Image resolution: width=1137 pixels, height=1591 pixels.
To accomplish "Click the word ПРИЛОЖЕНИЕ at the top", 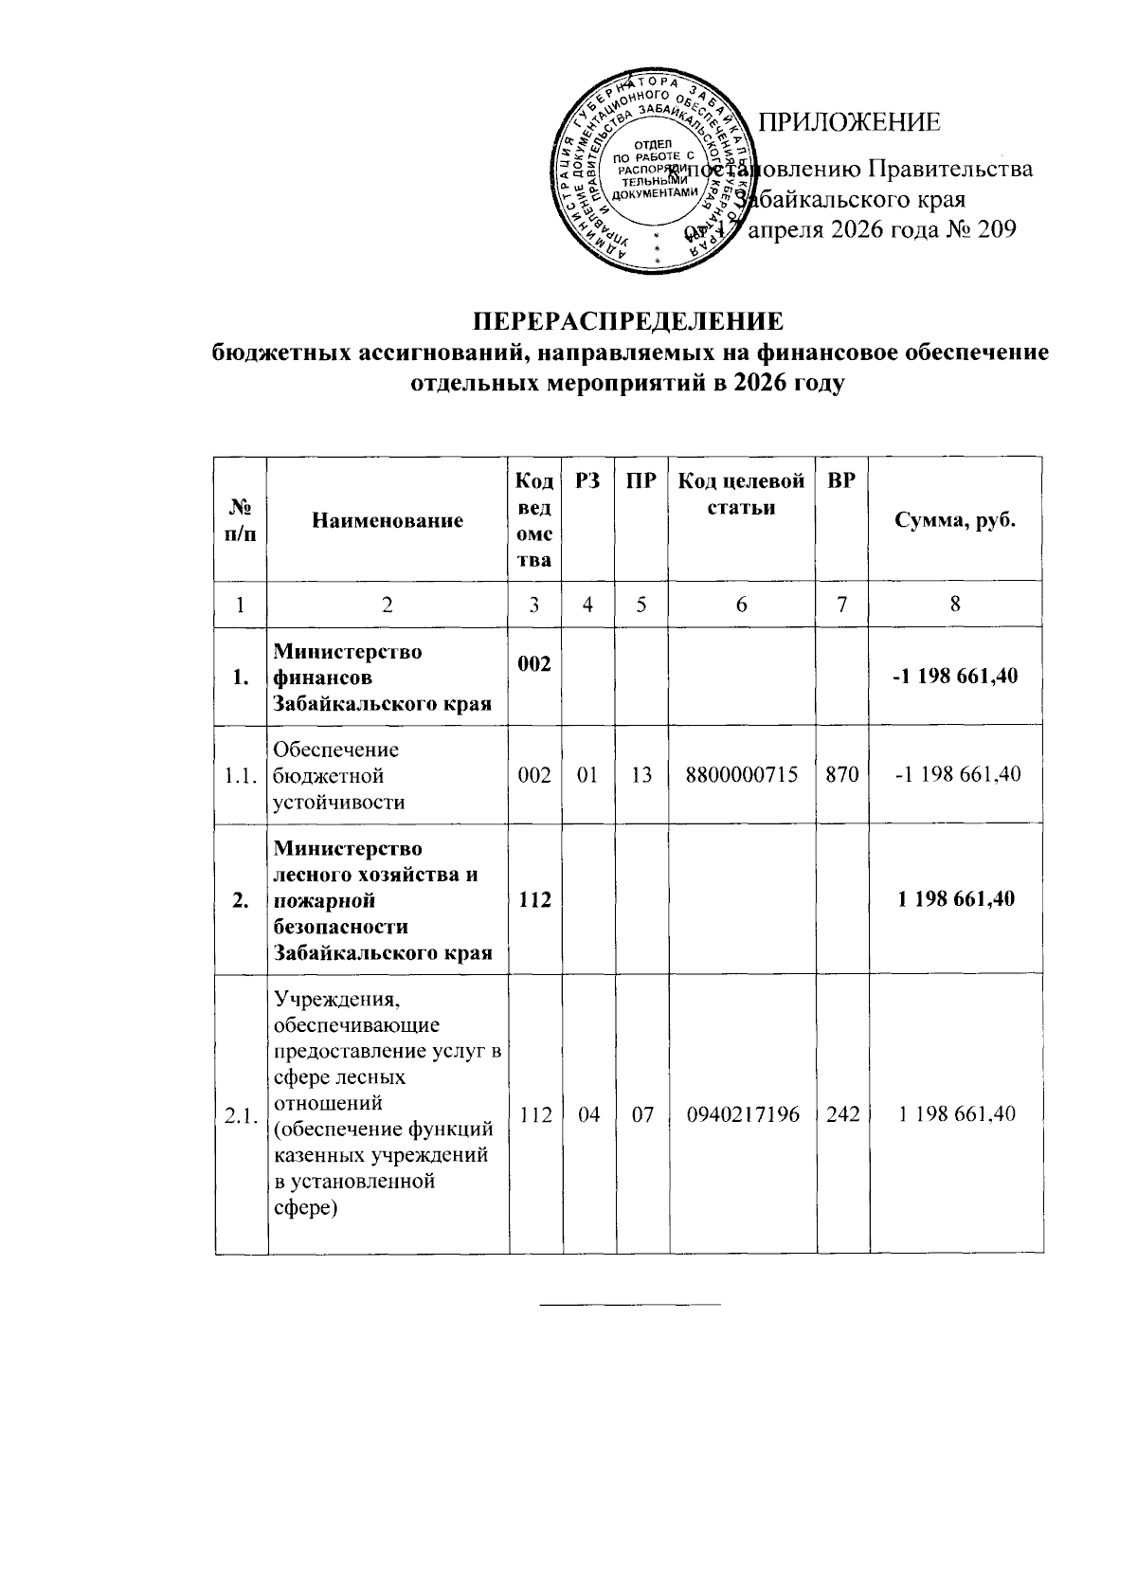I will pos(852,122).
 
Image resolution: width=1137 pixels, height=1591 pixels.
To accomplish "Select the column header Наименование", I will pos(388,520).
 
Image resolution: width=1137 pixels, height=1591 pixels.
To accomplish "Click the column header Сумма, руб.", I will pos(955,520).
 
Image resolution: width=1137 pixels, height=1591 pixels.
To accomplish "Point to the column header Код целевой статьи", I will pos(741,494).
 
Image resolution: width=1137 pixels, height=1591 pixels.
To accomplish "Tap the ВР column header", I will pos(841,480).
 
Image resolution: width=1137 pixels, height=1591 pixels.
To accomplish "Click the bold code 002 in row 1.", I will pos(533,665).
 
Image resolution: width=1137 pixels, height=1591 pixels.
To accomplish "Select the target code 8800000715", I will pos(741,774).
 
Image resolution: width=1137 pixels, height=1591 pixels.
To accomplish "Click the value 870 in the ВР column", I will pos(841,774).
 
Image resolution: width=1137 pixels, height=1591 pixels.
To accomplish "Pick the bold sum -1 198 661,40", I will pos(955,678).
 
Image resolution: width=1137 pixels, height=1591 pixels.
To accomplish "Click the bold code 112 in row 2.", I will pos(535,899).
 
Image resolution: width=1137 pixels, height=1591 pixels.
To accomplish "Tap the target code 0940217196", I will pos(741,1114).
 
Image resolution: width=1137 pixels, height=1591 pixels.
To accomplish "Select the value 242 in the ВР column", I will pos(841,1114).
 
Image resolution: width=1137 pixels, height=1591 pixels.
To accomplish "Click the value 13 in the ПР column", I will pos(641,774).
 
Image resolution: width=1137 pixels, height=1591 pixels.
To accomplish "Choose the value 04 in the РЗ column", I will pos(587,1114).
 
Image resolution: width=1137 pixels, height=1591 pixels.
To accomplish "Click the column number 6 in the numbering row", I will pos(741,605).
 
